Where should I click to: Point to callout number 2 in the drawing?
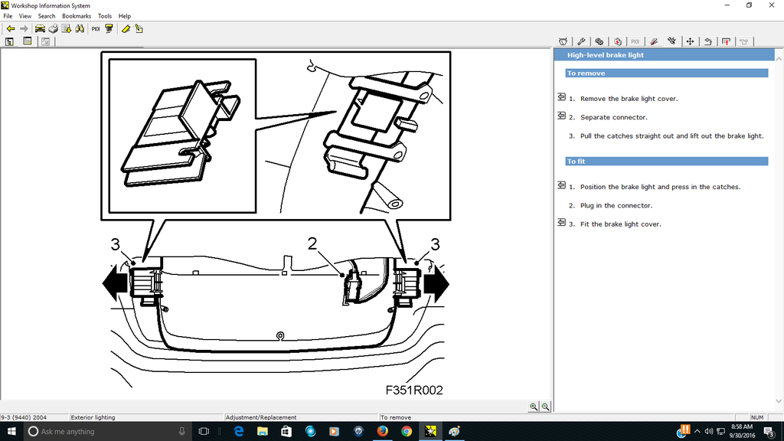pos(312,243)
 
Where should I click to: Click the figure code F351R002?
pos(414,390)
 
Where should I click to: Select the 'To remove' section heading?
pos(586,73)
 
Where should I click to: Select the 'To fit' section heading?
pos(576,162)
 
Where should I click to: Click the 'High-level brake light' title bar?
pos(605,55)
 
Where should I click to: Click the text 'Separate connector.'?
pos(613,117)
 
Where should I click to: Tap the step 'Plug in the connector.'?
pos(616,205)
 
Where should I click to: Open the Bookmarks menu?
pos(76,15)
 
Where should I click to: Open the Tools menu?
pos(105,15)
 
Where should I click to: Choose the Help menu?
pos(125,15)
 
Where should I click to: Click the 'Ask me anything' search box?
pos(100,432)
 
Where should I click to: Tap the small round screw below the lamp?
pos(280,335)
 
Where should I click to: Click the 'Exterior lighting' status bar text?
pos(93,417)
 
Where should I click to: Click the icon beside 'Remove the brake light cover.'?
pos(561,98)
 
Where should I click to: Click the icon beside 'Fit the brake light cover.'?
pos(561,224)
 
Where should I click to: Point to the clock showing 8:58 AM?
pos(741,427)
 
